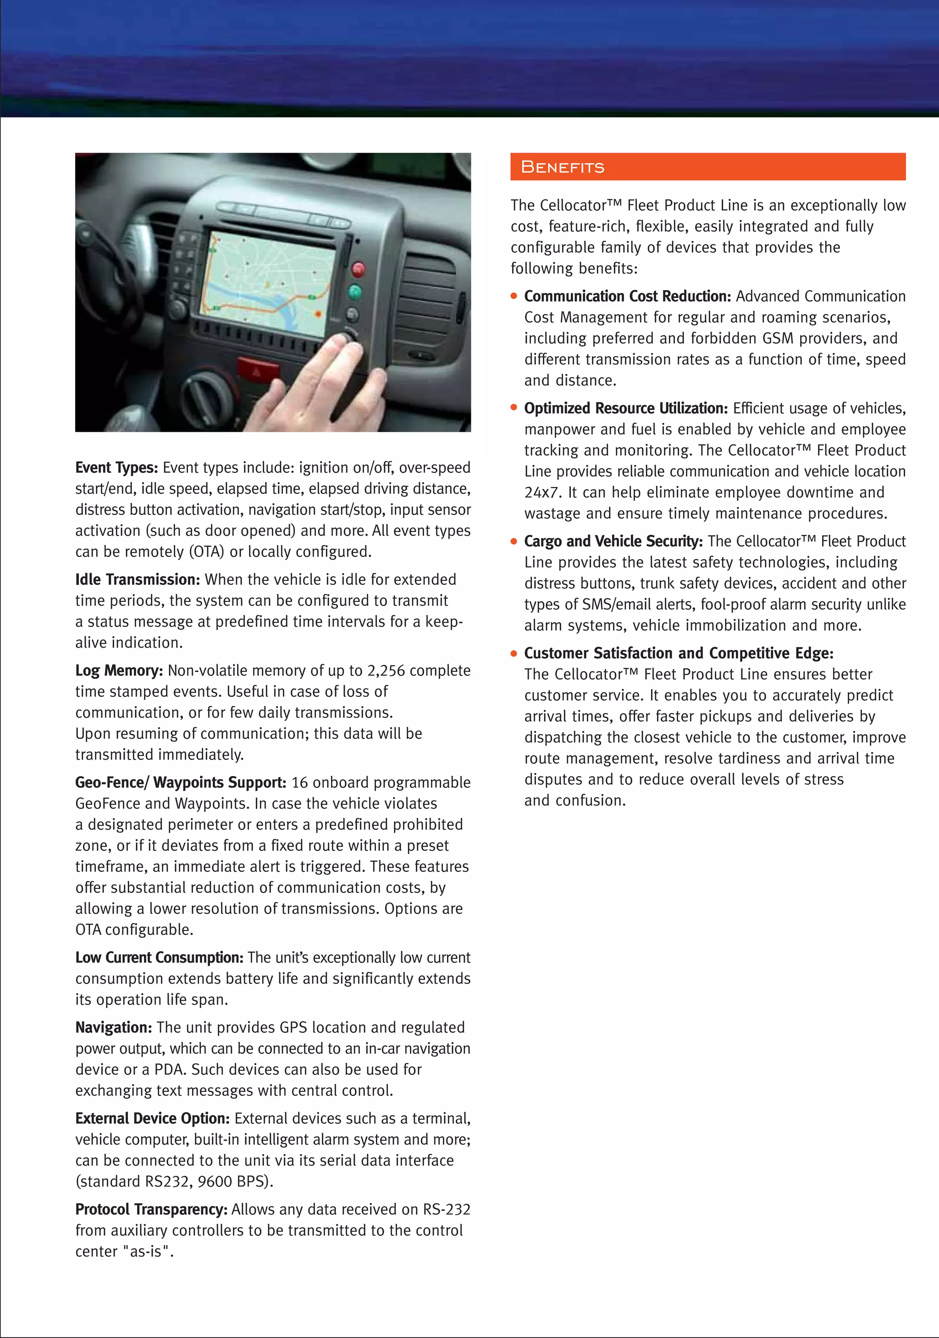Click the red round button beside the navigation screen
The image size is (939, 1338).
(358, 269)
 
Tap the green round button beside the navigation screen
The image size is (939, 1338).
(354, 292)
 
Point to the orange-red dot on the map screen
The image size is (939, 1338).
(318, 314)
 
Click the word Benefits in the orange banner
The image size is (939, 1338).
(563, 167)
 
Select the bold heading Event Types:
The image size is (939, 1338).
(116, 468)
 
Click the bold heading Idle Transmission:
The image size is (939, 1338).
(138, 580)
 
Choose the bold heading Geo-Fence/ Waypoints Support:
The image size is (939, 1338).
(181, 782)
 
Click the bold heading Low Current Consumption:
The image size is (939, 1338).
(159, 958)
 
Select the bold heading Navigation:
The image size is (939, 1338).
(114, 1027)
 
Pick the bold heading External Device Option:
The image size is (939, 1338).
(153, 1118)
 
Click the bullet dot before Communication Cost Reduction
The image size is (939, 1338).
(514, 296)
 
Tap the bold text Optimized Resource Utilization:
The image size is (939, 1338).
(626, 408)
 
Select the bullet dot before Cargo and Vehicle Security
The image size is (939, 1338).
(514, 541)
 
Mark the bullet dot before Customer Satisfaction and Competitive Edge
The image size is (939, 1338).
(514, 653)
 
